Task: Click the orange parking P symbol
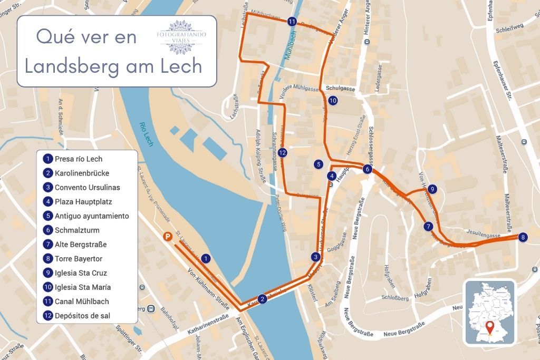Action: (167, 238)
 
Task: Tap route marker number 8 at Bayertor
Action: (522, 237)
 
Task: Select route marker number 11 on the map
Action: (292, 22)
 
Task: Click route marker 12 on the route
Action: (283, 153)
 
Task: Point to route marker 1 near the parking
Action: (206, 258)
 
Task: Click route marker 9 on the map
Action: (432, 189)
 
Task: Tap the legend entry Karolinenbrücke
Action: (78, 173)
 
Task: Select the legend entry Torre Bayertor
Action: (78, 259)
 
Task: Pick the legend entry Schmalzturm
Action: (76, 230)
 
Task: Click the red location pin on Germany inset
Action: (490, 327)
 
